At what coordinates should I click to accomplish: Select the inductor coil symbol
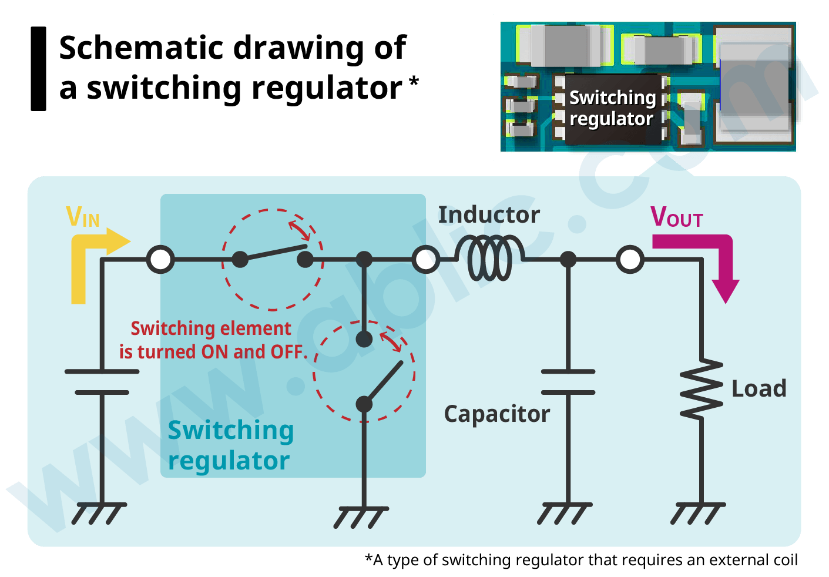point(489,259)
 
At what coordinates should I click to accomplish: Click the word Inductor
point(489,215)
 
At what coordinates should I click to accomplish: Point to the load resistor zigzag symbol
point(702,389)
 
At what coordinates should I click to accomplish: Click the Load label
point(758,389)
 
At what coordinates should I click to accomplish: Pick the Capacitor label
point(496,414)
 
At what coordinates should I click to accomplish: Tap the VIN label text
point(82,217)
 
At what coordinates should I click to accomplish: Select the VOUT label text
point(676,217)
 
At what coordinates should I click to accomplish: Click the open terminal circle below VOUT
point(630,259)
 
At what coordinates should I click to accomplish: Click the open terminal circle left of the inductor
point(425,259)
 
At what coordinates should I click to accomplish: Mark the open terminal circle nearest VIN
point(160,259)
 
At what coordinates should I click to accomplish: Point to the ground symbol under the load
point(697,514)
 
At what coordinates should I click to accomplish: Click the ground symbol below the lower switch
point(361,517)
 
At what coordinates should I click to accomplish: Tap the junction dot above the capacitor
point(568,259)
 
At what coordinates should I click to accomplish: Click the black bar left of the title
point(38,69)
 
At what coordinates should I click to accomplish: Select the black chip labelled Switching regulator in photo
point(611,109)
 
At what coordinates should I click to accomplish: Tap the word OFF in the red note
point(286,352)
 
